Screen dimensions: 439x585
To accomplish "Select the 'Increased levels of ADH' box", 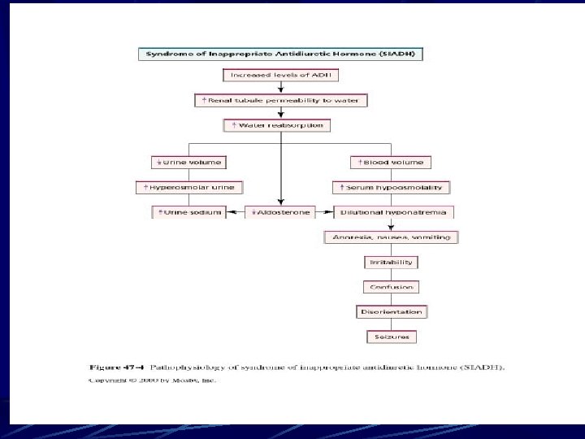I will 280,75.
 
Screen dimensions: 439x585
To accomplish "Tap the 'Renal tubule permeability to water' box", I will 281,101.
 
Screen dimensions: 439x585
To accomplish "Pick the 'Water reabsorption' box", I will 280,126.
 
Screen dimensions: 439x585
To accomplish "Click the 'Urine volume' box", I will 188,162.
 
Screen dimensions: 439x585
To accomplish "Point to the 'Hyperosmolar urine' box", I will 188,187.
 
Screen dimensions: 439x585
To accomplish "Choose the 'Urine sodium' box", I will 188,212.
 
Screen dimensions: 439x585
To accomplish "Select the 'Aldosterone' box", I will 280,212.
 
